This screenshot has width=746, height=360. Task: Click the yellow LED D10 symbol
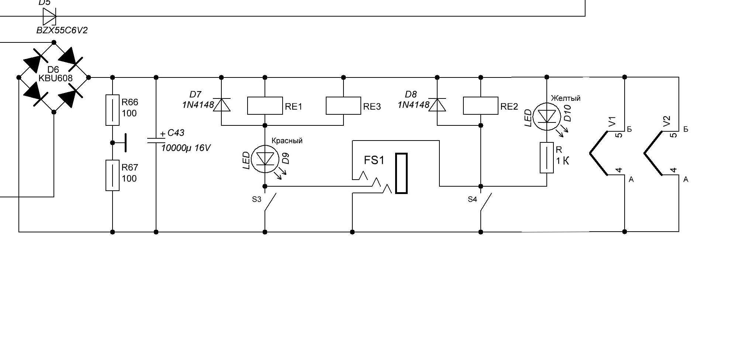[x=547, y=117]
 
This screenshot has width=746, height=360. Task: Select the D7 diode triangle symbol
[x=221, y=105]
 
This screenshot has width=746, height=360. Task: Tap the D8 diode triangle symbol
[x=437, y=105]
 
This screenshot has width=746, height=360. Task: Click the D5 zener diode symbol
[x=49, y=17]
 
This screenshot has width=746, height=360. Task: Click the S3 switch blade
[x=270, y=202]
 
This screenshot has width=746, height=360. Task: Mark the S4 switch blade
[x=486, y=202]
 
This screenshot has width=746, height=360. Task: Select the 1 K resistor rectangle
[x=547, y=157]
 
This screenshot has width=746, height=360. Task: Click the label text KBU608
[x=56, y=78]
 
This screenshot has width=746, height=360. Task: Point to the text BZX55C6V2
[x=62, y=30]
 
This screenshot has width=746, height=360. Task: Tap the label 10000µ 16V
[x=186, y=148]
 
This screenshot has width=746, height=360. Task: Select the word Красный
[x=287, y=141]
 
